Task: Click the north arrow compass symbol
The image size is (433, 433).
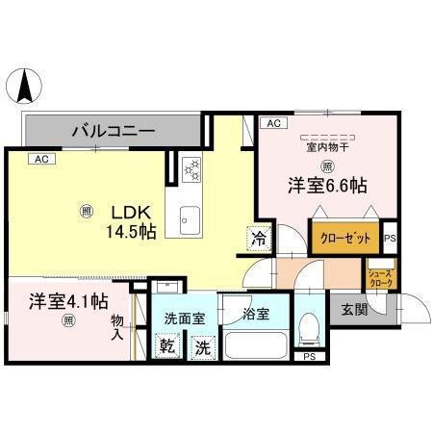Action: (x=24, y=89)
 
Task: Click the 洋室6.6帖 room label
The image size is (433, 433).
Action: (x=328, y=186)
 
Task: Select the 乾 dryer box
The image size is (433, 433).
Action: (x=166, y=345)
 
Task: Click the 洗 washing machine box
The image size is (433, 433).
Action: (x=202, y=345)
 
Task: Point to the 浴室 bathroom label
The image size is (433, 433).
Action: (x=256, y=313)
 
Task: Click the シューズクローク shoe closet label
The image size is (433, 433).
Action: (x=380, y=280)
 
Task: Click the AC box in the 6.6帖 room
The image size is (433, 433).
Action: (x=273, y=124)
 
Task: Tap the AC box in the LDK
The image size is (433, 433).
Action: (x=39, y=159)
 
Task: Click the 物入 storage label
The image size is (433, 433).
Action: (x=117, y=328)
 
